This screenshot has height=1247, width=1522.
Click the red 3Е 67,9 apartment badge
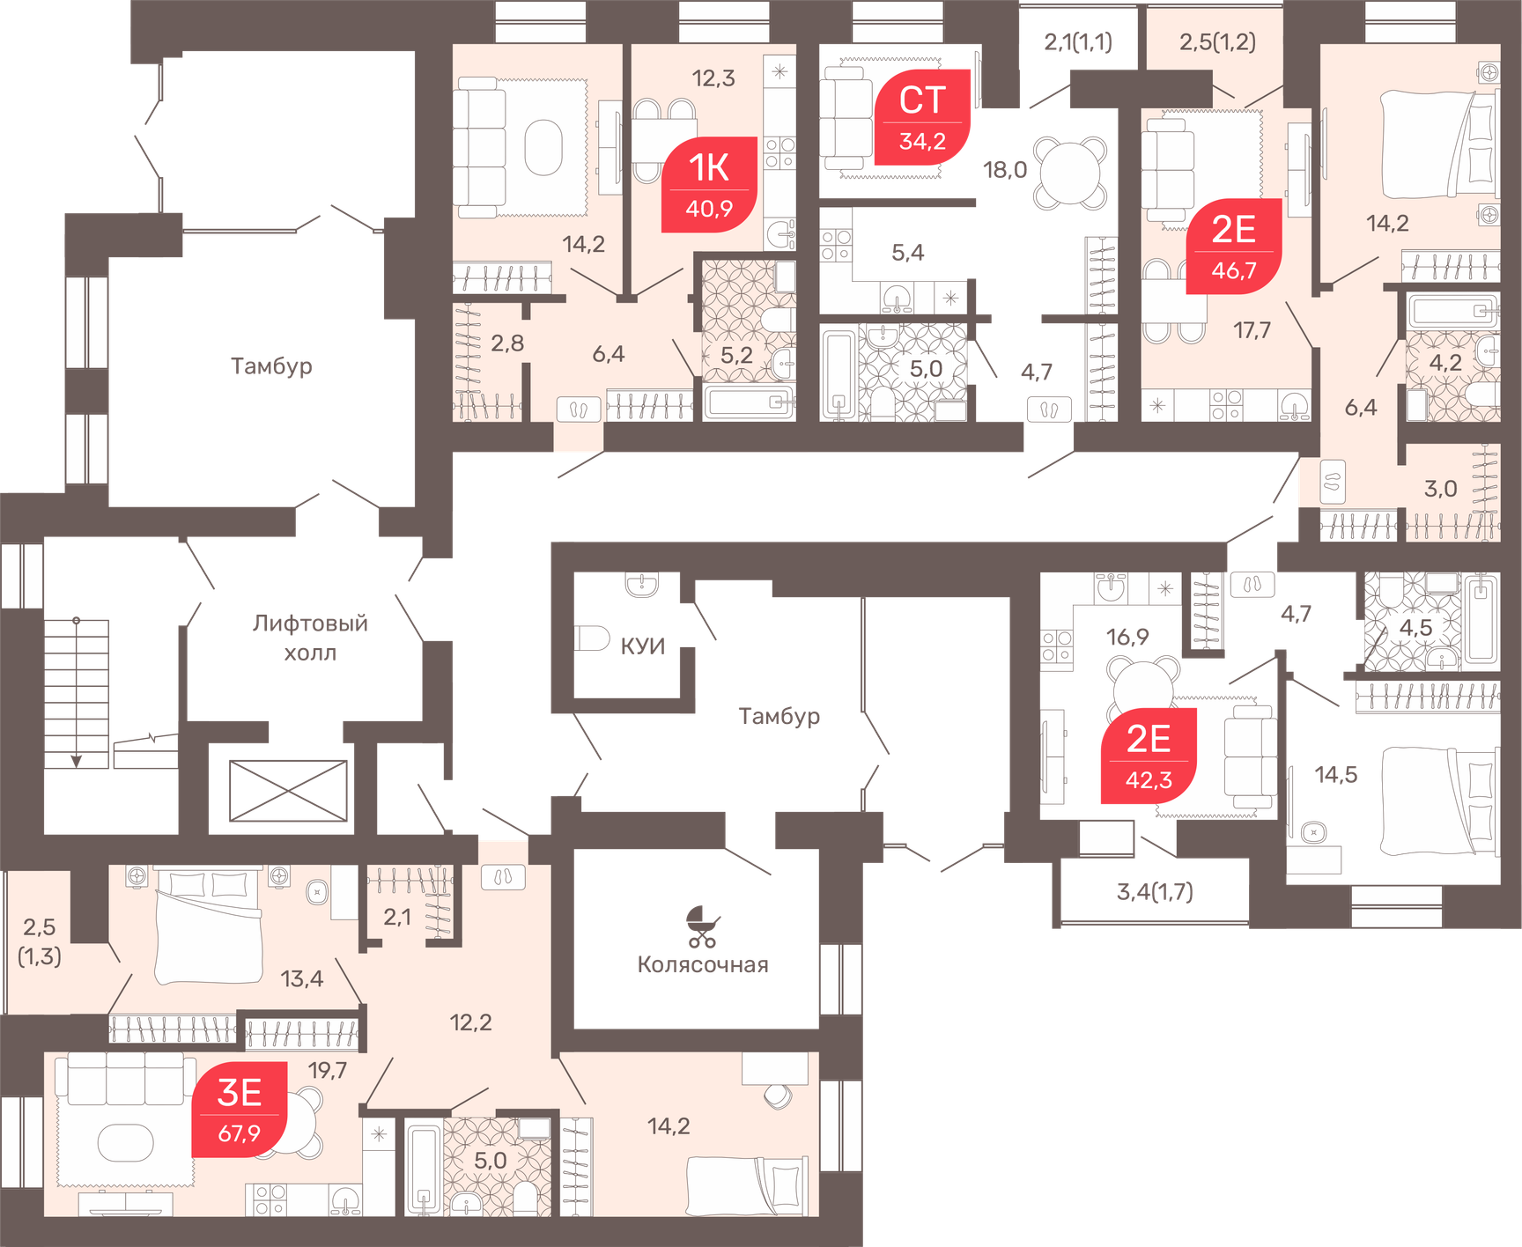click(240, 1110)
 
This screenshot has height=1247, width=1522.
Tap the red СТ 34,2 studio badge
click(922, 117)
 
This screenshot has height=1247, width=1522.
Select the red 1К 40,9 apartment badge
click(709, 184)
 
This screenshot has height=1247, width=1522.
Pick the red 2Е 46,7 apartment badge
click(1233, 246)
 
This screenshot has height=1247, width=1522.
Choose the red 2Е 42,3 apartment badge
click(1149, 756)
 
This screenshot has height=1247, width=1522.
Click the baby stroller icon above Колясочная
click(703, 926)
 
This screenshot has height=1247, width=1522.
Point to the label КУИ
click(643, 646)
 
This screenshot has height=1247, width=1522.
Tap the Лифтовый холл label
click(310, 638)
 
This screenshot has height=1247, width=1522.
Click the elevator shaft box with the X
click(288, 791)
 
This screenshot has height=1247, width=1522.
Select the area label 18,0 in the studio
click(1005, 170)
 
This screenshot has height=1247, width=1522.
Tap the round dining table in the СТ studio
click(1069, 173)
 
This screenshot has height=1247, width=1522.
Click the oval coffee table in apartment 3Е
click(125, 1143)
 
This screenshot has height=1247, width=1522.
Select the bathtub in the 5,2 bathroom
click(750, 402)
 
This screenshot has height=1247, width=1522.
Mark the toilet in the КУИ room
click(591, 638)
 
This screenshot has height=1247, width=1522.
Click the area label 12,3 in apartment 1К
click(713, 78)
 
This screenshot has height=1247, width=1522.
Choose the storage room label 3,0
click(1440, 489)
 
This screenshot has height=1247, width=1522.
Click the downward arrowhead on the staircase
click(77, 761)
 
